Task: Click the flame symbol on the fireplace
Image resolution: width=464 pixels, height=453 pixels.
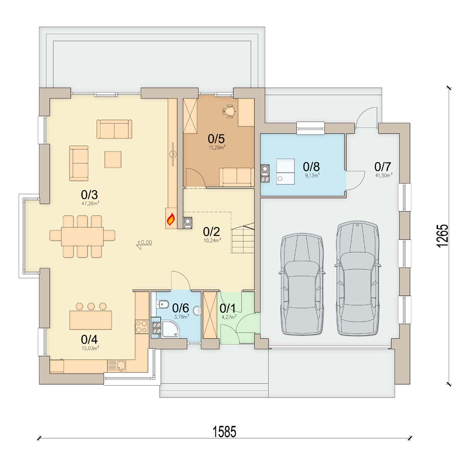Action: tap(171, 219)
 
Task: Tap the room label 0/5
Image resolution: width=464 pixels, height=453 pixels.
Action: tap(216, 138)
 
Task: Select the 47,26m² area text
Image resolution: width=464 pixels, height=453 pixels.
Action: tap(90, 204)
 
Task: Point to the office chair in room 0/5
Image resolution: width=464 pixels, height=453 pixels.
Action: tap(229, 112)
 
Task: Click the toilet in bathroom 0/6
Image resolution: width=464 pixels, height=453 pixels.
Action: tap(163, 304)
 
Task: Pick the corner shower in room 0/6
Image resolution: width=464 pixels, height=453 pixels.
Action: tap(170, 329)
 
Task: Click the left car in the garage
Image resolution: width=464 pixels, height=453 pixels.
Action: tap(302, 284)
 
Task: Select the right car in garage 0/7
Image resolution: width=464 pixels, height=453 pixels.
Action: tap(358, 278)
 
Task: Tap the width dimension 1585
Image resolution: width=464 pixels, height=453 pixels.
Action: tap(225, 432)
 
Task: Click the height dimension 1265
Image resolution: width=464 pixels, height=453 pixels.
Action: tap(442, 236)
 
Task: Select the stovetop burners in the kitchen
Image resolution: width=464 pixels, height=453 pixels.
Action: tap(142, 327)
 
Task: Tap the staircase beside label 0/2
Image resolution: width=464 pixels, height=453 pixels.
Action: tap(243, 239)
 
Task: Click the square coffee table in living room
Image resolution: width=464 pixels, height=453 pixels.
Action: tap(113, 159)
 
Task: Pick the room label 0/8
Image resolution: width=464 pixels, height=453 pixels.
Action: tap(311, 166)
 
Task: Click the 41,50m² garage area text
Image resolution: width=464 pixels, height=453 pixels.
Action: tap(384, 175)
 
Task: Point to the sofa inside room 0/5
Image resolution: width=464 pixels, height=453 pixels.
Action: tap(237, 177)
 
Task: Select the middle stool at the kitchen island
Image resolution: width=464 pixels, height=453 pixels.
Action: tap(91, 306)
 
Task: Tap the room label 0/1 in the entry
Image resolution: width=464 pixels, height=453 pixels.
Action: tap(227, 309)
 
